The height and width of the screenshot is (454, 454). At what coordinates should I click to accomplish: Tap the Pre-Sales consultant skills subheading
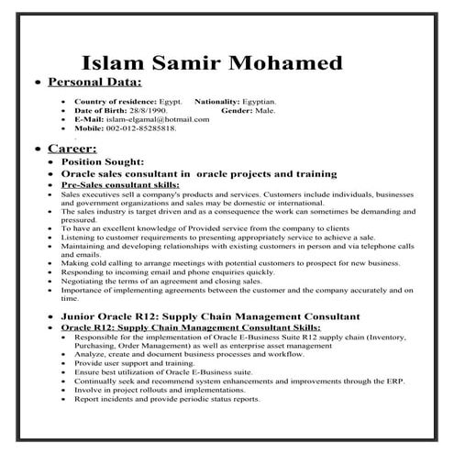pyautogui.click(x=118, y=184)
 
